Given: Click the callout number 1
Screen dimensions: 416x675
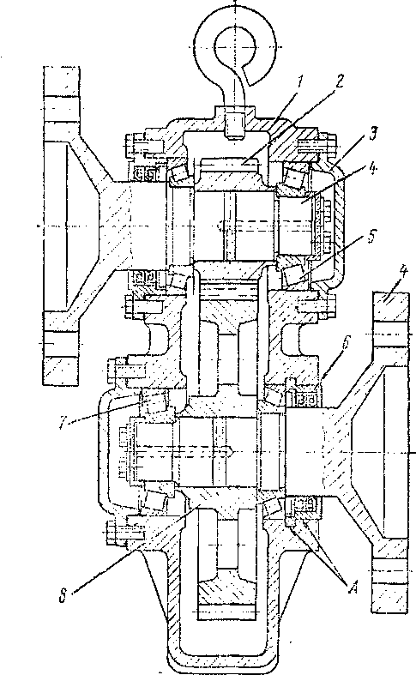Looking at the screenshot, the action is (301, 80).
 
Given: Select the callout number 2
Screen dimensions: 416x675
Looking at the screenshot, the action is (340, 81).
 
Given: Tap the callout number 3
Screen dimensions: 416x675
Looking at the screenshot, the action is (374, 135).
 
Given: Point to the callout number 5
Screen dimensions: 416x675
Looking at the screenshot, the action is (372, 238).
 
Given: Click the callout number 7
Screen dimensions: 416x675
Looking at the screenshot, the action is (63, 422).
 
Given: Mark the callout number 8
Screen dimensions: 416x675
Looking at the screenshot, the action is (63, 598).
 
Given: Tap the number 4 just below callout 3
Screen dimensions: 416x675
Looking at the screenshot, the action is (374, 166).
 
